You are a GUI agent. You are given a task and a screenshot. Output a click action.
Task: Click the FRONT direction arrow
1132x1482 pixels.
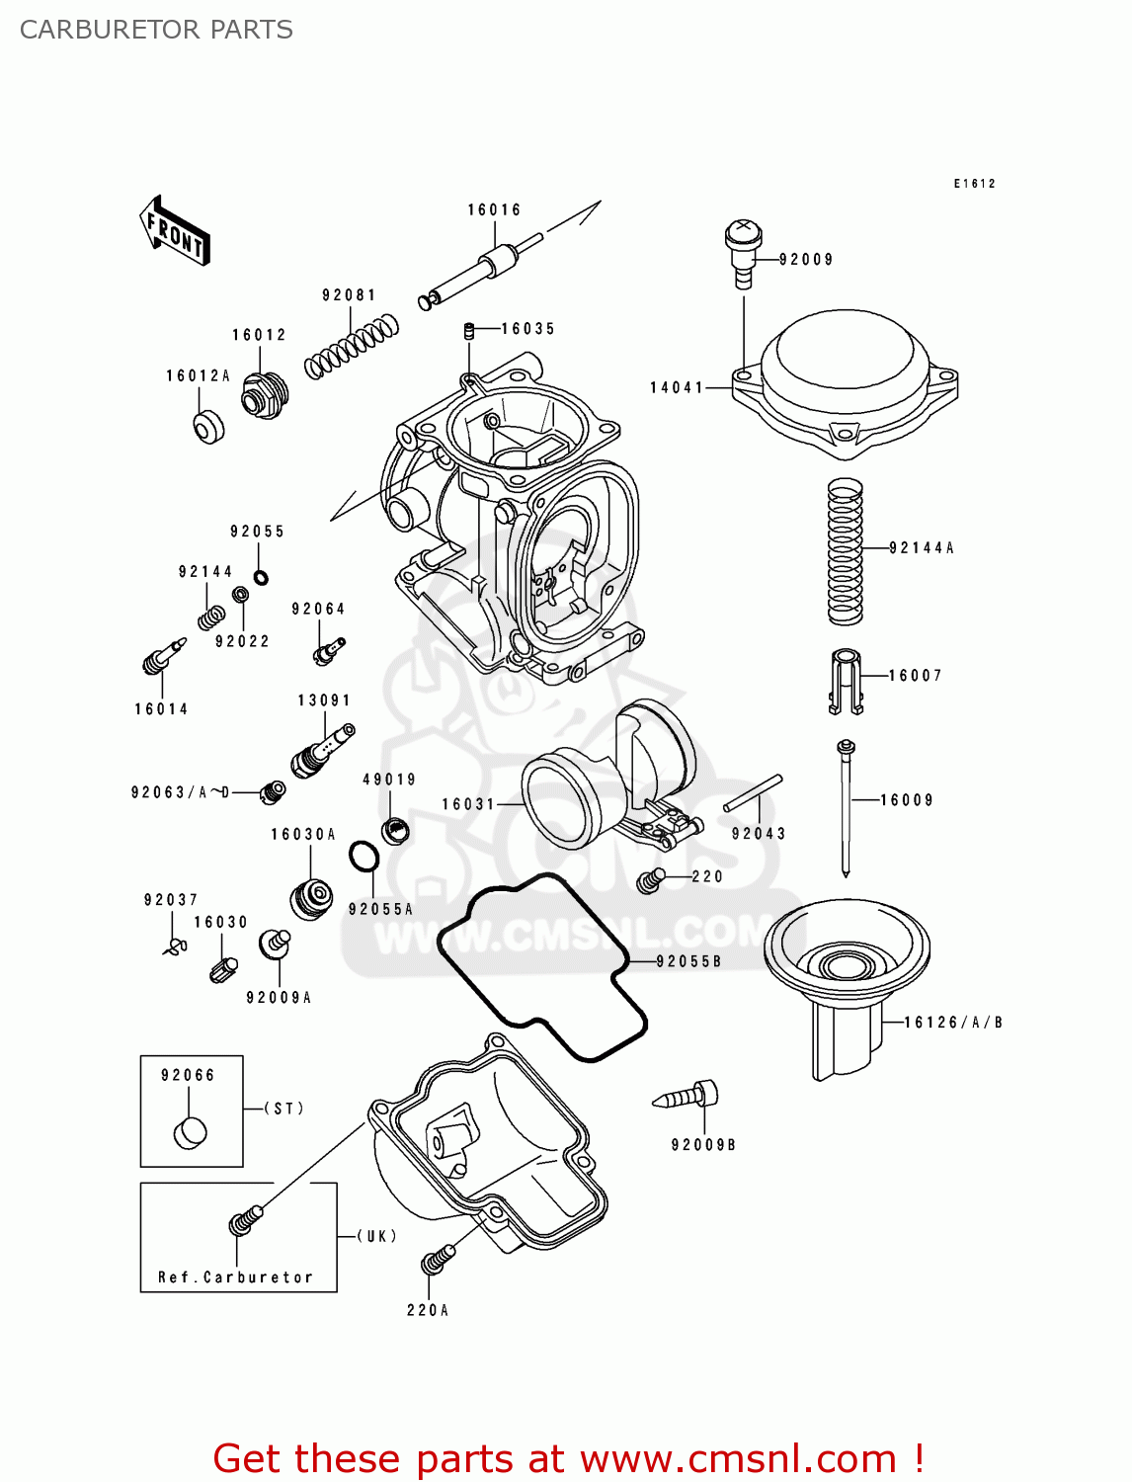(x=175, y=231)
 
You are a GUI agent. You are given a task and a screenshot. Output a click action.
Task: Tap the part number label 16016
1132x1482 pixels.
(x=494, y=209)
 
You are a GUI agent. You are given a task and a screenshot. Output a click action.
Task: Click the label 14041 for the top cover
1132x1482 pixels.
(x=677, y=387)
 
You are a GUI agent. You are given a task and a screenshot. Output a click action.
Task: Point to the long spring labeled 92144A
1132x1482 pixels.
(x=845, y=551)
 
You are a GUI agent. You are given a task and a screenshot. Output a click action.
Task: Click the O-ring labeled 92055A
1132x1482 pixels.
(x=364, y=857)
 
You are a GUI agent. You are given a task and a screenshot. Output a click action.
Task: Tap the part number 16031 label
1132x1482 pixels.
(x=468, y=804)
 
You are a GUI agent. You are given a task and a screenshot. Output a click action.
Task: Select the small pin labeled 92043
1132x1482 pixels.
(x=753, y=793)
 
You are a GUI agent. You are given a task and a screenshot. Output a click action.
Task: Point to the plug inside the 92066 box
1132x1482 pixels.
(x=191, y=1132)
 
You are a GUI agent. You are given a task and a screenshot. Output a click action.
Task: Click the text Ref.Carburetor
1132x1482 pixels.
(x=235, y=1277)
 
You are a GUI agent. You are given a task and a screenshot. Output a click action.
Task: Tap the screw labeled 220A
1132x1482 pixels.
(x=437, y=1259)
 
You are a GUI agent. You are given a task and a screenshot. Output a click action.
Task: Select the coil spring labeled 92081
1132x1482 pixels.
(x=352, y=346)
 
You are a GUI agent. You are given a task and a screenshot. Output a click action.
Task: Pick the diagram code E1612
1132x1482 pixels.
(x=974, y=184)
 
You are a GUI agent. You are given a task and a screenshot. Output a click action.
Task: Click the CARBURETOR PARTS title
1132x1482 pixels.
(x=156, y=30)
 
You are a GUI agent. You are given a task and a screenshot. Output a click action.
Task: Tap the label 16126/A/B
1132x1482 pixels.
(x=953, y=1023)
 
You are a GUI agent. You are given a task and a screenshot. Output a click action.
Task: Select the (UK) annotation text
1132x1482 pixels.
(x=377, y=1236)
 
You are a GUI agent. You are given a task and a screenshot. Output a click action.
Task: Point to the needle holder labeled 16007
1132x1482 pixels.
(x=846, y=681)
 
